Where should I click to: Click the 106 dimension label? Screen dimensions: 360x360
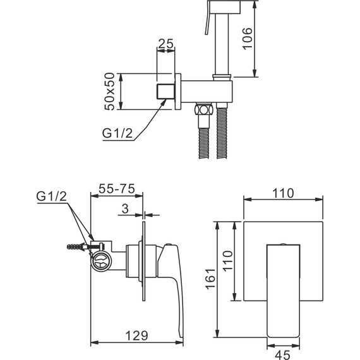point(248,39)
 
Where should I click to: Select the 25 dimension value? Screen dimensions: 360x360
point(165,44)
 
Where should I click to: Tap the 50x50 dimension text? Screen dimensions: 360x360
point(109,92)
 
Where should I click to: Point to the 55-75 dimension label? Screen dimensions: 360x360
point(117,189)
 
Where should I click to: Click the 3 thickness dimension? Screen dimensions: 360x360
point(125,208)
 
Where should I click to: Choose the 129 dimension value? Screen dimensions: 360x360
point(136,335)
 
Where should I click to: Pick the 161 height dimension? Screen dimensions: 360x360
point(210,279)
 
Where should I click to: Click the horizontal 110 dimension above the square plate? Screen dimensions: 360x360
point(283,193)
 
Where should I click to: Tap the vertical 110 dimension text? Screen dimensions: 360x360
point(228,261)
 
